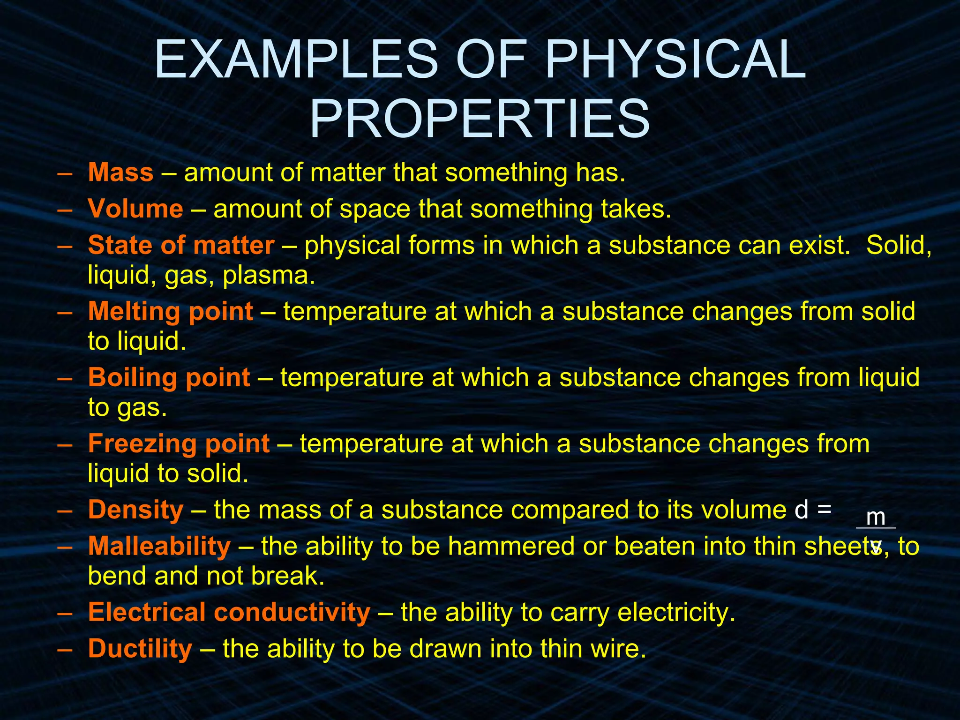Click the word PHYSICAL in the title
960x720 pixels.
[x=675, y=60]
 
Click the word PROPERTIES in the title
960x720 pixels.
[x=480, y=119]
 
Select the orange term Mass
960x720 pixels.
[x=120, y=172]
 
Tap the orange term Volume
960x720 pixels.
[x=135, y=209]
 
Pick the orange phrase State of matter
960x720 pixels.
[x=181, y=245]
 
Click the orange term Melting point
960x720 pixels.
[x=171, y=311]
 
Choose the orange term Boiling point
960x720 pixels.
[x=169, y=377]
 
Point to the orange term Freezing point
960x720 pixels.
[x=179, y=443]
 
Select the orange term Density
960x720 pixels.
[x=135, y=510]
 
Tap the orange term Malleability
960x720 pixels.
[x=159, y=546]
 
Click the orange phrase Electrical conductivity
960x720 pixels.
[x=229, y=612]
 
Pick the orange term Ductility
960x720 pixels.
[x=140, y=649]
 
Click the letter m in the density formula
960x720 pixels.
[x=876, y=517]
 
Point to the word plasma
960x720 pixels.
[x=269, y=276]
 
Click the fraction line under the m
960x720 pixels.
[x=876, y=528]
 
